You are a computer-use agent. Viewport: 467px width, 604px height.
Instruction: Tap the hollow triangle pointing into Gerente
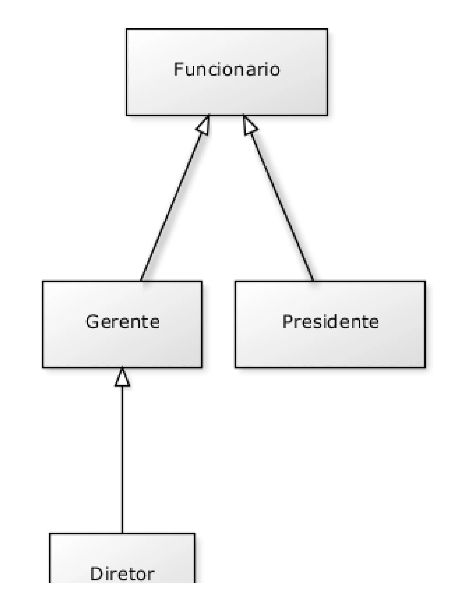[122, 378]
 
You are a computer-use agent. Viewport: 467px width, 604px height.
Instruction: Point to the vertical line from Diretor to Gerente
[122, 456]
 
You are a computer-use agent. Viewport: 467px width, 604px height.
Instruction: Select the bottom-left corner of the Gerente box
[43, 368]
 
